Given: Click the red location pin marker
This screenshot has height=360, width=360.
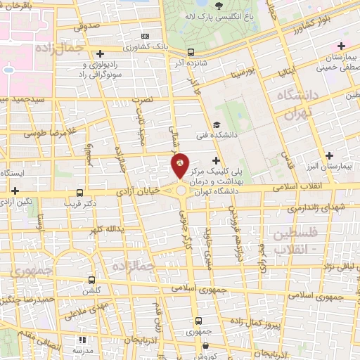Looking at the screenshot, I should [x=180, y=167].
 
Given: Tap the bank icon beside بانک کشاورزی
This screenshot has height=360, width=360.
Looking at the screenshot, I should [x=146, y=36].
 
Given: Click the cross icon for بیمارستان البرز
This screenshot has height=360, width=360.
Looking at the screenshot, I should [x=329, y=155].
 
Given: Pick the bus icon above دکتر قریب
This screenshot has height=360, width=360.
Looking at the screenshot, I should [x=80, y=192].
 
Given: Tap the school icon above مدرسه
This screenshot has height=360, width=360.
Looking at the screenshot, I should [x=80, y=340].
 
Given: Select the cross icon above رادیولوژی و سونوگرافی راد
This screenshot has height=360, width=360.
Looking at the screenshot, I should [x=101, y=53].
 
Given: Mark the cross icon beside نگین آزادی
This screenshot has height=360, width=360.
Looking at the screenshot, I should [x=15, y=190].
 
